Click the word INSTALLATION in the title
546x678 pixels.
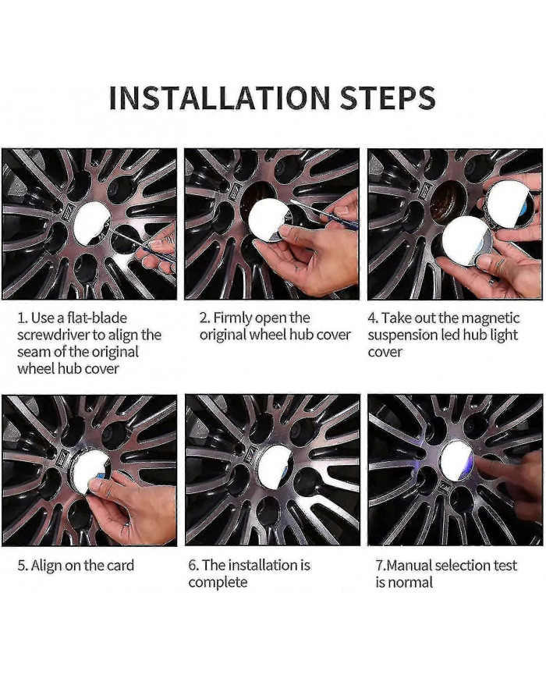tap(219, 98)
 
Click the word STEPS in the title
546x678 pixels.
tap(388, 98)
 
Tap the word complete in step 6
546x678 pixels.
tap(218, 583)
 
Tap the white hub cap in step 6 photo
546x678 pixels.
tap(275, 464)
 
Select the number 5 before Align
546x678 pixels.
tap(19, 566)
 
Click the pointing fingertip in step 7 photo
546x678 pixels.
tap(485, 466)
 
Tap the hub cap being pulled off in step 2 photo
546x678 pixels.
tap(264, 221)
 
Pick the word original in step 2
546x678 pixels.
tap(222, 335)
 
